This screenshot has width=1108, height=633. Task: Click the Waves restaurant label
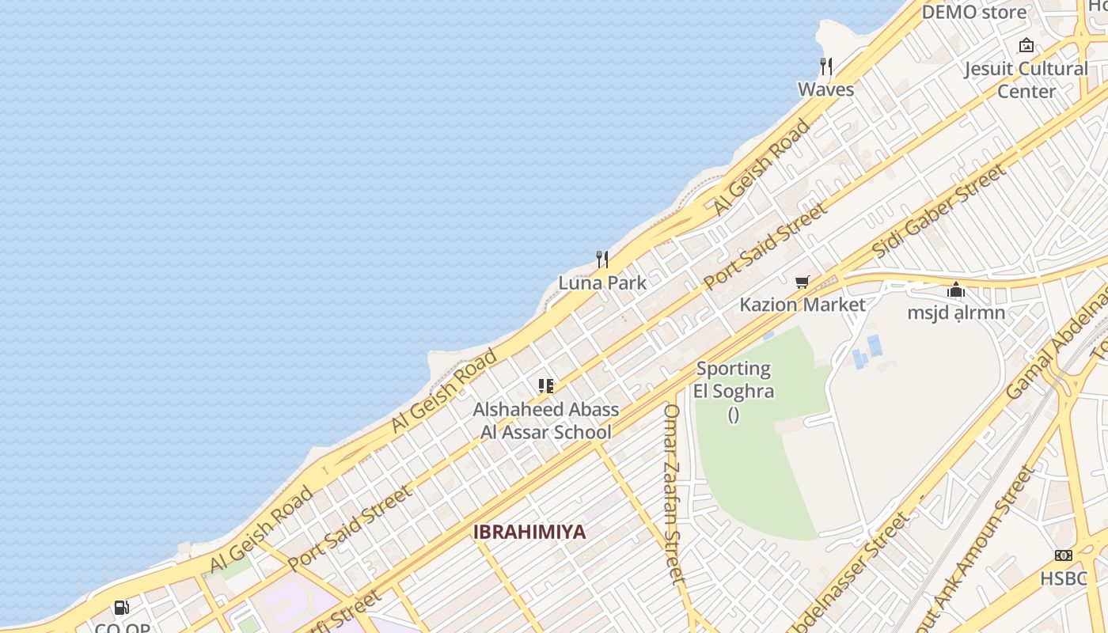(x=825, y=89)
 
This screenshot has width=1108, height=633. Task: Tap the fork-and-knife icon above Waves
(x=826, y=66)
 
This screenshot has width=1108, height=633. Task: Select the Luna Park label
(x=602, y=282)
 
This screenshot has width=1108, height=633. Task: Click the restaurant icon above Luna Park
(x=602, y=259)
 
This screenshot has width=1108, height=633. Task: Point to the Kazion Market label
(x=803, y=305)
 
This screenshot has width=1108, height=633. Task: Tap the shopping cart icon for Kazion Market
(x=803, y=282)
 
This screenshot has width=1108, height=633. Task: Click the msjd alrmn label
(x=956, y=313)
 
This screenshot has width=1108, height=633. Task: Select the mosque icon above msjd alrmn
(x=956, y=290)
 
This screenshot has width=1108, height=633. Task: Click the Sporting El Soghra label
(x=733, y=380)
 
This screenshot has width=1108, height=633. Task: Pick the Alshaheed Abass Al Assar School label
(x=546, y=421)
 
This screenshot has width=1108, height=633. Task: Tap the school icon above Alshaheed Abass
(x=546, y=386)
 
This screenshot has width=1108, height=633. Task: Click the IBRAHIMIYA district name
(x=529, y=532)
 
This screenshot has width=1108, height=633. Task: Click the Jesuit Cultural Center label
(x=1026, y=80)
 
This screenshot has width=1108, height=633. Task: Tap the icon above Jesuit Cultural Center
(x=1026, y=45)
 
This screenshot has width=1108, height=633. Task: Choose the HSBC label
(x=1064, y=578)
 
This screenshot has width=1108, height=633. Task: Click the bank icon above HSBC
(x=1064, y=555)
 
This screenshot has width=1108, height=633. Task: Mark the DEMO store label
(x=973, y=12)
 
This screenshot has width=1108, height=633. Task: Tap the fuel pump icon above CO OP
(x=122, y=608)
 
